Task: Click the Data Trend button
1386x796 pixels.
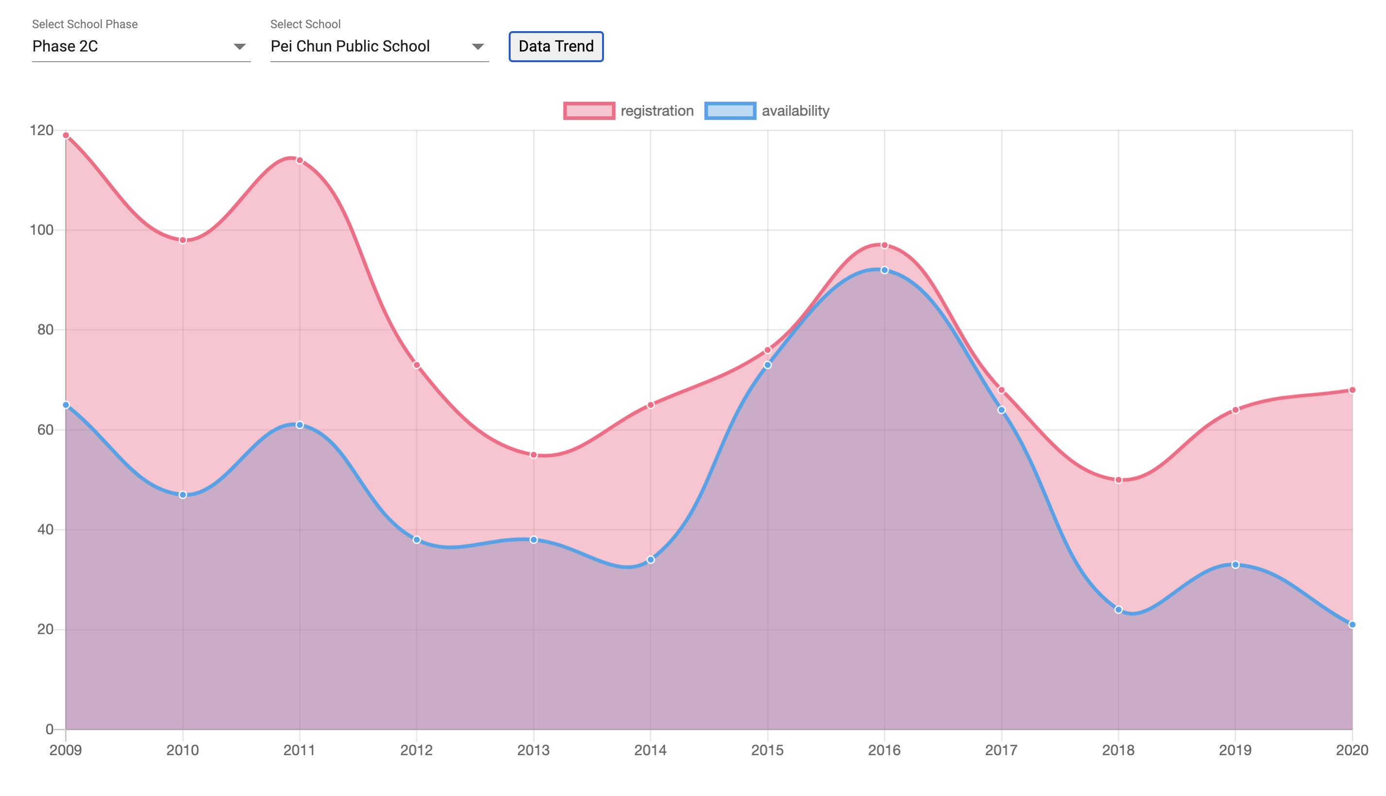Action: pyautogui.click(x=556, y=47)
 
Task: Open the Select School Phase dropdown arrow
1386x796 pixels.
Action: pyautogui.click(x=239, y=47)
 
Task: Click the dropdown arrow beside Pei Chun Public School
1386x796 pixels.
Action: pyautogui.click(x=478, y=47)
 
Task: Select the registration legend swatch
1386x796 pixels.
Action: pyautogui.click(x=588, y=110)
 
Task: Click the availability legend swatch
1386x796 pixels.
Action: pyautogui.click(x=729, y=110)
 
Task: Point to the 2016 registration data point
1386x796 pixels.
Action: pyautogui.click(x=885, y=245)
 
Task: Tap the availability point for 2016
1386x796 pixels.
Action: pyautogui.click(x=885, y=270)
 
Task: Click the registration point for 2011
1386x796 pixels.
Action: pyautogui.click(x=300, y=160)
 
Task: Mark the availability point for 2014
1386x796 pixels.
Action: pyautogui.click(x=650, y=560)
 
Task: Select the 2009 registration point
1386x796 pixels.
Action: pyautogui.click(x=66, y=136)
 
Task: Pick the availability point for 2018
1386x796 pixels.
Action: pyautogui.click(x=1119, y=609)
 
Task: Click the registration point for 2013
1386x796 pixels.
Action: pyautogui.click(x=534, y=455)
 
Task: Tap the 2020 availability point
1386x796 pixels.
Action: pyautogui.click(x=1352, y=624)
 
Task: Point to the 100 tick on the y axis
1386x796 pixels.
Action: pyautogui.click(x=41, y=230)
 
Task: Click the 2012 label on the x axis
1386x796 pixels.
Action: pyautogui.click(x=416, y=750)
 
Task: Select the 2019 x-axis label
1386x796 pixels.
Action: pyautogui.click(x=1235, y=750)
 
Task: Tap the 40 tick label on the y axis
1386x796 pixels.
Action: pyautogui.click(x=45, y=529)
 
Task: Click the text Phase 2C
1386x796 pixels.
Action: pyautogui.click(x=65, y=47)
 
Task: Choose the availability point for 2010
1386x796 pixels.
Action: pyautogui.click(x=183, y=495)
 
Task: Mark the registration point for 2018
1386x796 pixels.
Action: pyautogui.click(x=1119, y=480)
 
